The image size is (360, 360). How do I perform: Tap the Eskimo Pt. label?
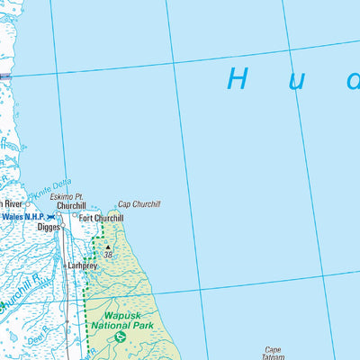(x=66, y=196)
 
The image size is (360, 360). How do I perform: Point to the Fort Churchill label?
(x=101, y=218)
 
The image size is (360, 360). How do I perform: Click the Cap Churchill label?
(x=139, y=204)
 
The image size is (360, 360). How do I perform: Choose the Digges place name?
(x=49, y=228)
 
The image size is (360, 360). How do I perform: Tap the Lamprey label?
(x=82, y=266)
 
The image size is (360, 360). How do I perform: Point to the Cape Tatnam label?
(x=273, y=354)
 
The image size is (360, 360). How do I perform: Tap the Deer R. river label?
(x=38, y=337)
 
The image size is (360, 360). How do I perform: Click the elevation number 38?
(x=109, y=256)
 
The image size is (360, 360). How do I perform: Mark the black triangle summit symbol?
(x=108, y=247)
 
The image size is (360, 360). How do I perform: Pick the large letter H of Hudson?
(x=238, y=79)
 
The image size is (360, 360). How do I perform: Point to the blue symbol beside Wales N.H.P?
(x=51, y=217)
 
